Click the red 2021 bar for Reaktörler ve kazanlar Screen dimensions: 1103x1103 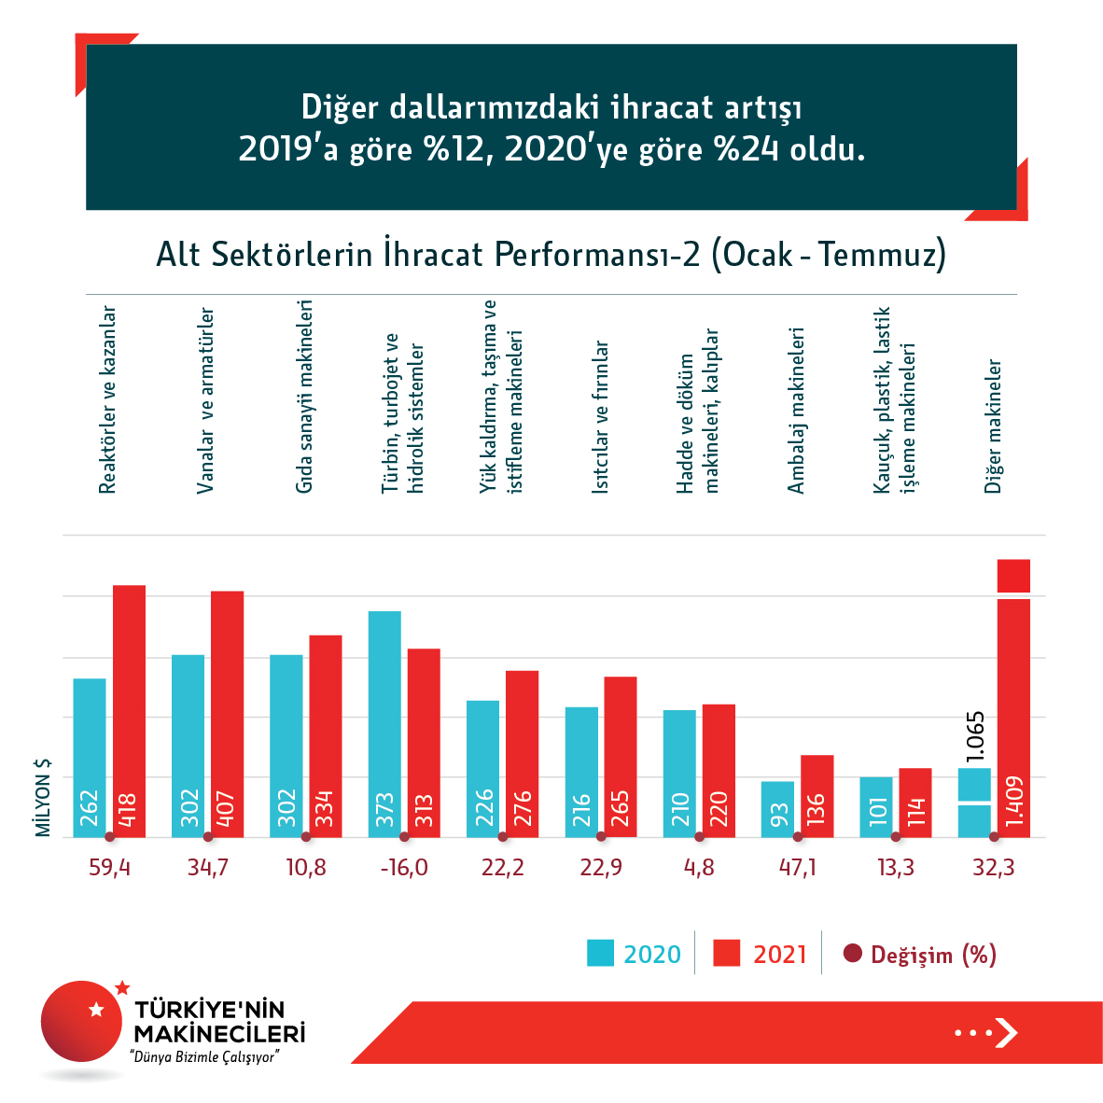pos(129,709)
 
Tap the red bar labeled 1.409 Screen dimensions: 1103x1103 pos(1013,709)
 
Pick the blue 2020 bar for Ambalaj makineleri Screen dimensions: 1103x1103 pos(777,808)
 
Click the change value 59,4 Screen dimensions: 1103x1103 pos(110,868)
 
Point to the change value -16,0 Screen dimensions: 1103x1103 pos(404,868)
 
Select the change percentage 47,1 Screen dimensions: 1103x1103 pos(797,868)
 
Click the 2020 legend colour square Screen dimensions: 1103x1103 pos(600,953)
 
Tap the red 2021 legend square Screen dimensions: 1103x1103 pos(726,953)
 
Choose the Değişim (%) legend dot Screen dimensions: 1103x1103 pos(852,954)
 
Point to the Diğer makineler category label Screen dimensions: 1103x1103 pos(993,426)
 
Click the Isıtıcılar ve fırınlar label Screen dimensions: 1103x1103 pos(600,416)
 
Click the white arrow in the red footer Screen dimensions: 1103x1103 pos(1006,1032)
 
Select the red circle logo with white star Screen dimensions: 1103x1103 pos(82,1020)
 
